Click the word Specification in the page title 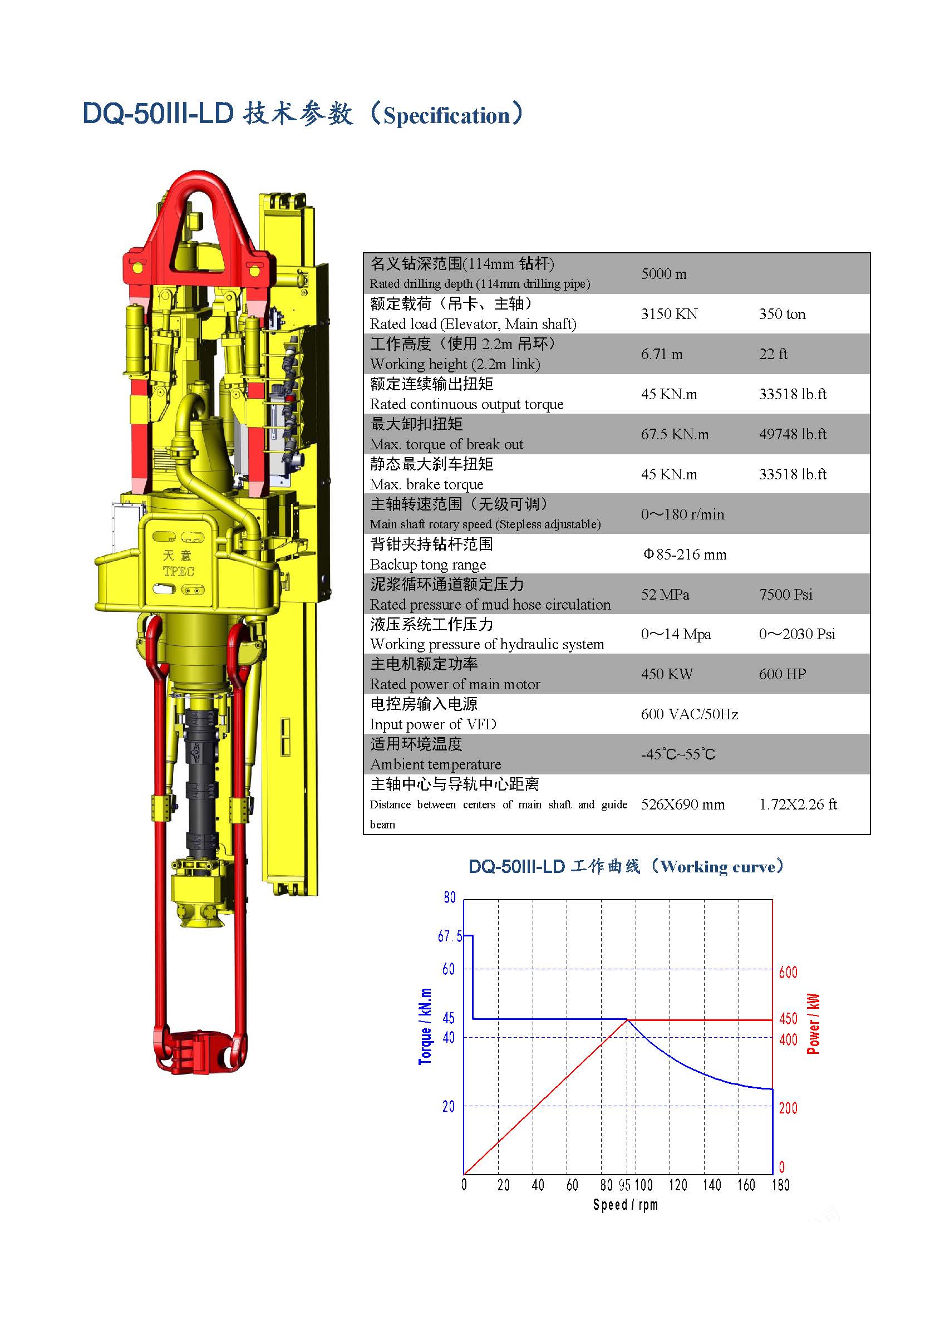446,115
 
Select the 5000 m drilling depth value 663,273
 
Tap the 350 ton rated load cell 781,314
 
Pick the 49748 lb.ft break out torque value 793,434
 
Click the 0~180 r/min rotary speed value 682,514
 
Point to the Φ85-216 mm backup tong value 685,554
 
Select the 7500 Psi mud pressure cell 786,595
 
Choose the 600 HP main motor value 782,674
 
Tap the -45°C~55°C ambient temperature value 678,754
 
